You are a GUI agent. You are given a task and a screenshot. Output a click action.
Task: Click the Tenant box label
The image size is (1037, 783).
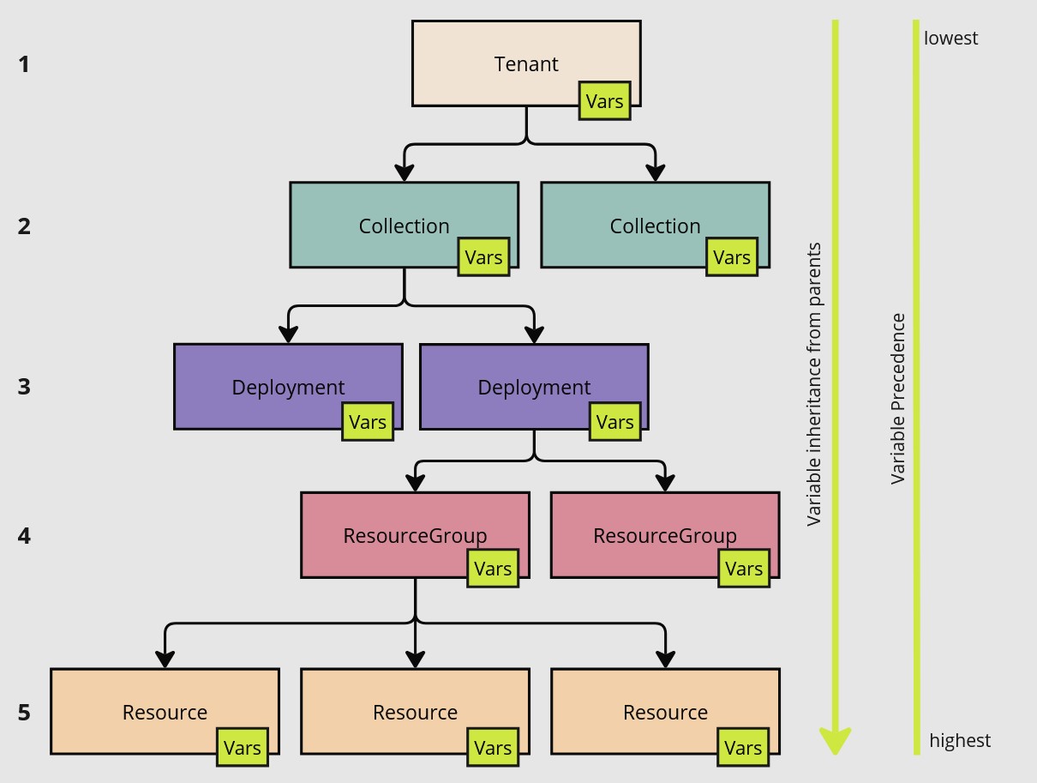point(526,64)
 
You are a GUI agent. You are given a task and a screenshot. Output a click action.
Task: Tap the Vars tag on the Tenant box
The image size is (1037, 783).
point(604,101)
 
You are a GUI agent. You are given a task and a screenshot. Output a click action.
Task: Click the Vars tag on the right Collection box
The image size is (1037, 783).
point(732,257)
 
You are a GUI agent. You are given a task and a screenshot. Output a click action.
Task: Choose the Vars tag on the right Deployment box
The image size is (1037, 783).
point(614,422)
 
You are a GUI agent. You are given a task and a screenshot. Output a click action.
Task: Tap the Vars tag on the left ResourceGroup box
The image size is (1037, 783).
point(493,569)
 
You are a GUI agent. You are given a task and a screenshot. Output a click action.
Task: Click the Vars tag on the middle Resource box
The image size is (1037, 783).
point(493,748)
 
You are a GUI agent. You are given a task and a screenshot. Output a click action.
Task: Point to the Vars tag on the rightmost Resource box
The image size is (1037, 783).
point(743,748)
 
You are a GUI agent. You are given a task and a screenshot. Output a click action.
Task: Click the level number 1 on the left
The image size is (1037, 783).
point(24,64)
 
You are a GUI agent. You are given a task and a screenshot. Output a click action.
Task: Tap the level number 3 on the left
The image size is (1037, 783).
point(24,387)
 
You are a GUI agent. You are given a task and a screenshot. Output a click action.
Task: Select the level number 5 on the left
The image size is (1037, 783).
point(24,713)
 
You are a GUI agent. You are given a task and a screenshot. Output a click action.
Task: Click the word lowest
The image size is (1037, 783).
point(950,38)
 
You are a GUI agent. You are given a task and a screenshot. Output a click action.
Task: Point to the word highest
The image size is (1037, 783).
point(960,740)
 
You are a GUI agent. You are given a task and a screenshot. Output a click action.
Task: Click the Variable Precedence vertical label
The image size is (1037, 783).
point(898,399)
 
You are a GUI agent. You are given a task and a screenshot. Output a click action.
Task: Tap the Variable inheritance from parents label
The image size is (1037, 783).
point(814,384)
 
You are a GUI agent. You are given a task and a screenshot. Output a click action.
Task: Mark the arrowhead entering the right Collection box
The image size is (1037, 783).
point(655,174)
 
